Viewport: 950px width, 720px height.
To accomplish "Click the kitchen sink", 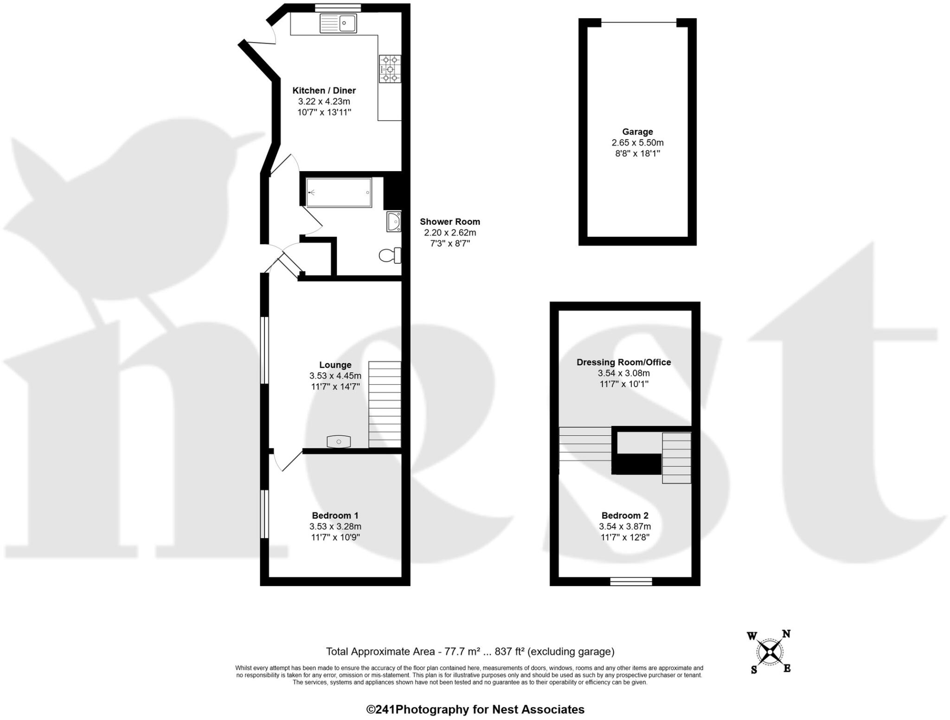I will click(338, 23).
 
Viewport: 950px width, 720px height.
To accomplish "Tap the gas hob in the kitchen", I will click(390, 69).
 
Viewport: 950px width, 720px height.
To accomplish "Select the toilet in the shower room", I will click(390, 255).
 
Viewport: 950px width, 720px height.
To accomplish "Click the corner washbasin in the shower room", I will click(394, 222).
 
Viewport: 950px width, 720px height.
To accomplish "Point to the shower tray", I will click(339, 192).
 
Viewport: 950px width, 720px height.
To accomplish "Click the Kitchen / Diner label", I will click(324, 90).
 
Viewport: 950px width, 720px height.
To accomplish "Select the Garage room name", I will click(637, 132).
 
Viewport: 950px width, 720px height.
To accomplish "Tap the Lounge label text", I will click(335, 365).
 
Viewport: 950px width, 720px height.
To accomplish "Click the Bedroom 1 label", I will click(335, 516).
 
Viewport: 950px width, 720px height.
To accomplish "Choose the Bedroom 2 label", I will click(625, 516).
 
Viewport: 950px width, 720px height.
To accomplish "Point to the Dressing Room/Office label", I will click(623, 362).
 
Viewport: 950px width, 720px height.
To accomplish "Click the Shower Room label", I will click(449, 222).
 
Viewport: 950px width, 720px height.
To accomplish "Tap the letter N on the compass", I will click(786, 634).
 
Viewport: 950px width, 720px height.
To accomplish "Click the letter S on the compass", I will click(754, 670).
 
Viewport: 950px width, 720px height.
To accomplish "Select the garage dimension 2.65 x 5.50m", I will click(637, 143).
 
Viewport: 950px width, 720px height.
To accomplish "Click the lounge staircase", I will click(385, 404).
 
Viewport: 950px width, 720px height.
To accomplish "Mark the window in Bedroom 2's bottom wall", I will click(631, 581).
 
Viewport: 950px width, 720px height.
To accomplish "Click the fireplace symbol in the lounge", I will click(339, 442).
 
